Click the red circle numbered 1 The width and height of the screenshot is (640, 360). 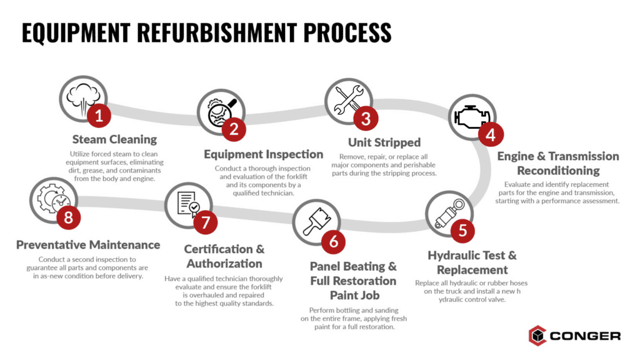(x=98, y=116)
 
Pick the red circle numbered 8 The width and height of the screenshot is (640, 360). (x=68, y=217)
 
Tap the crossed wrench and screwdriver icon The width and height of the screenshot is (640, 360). (x=347, y=100)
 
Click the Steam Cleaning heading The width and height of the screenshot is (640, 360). (x=114, y=139)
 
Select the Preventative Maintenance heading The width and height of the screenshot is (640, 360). (x=88, y=245)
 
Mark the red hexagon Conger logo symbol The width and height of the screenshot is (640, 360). (x=537, y=336)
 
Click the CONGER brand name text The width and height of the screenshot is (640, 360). (x=585, y=336)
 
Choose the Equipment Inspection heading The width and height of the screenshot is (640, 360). (x=264, y=154)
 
